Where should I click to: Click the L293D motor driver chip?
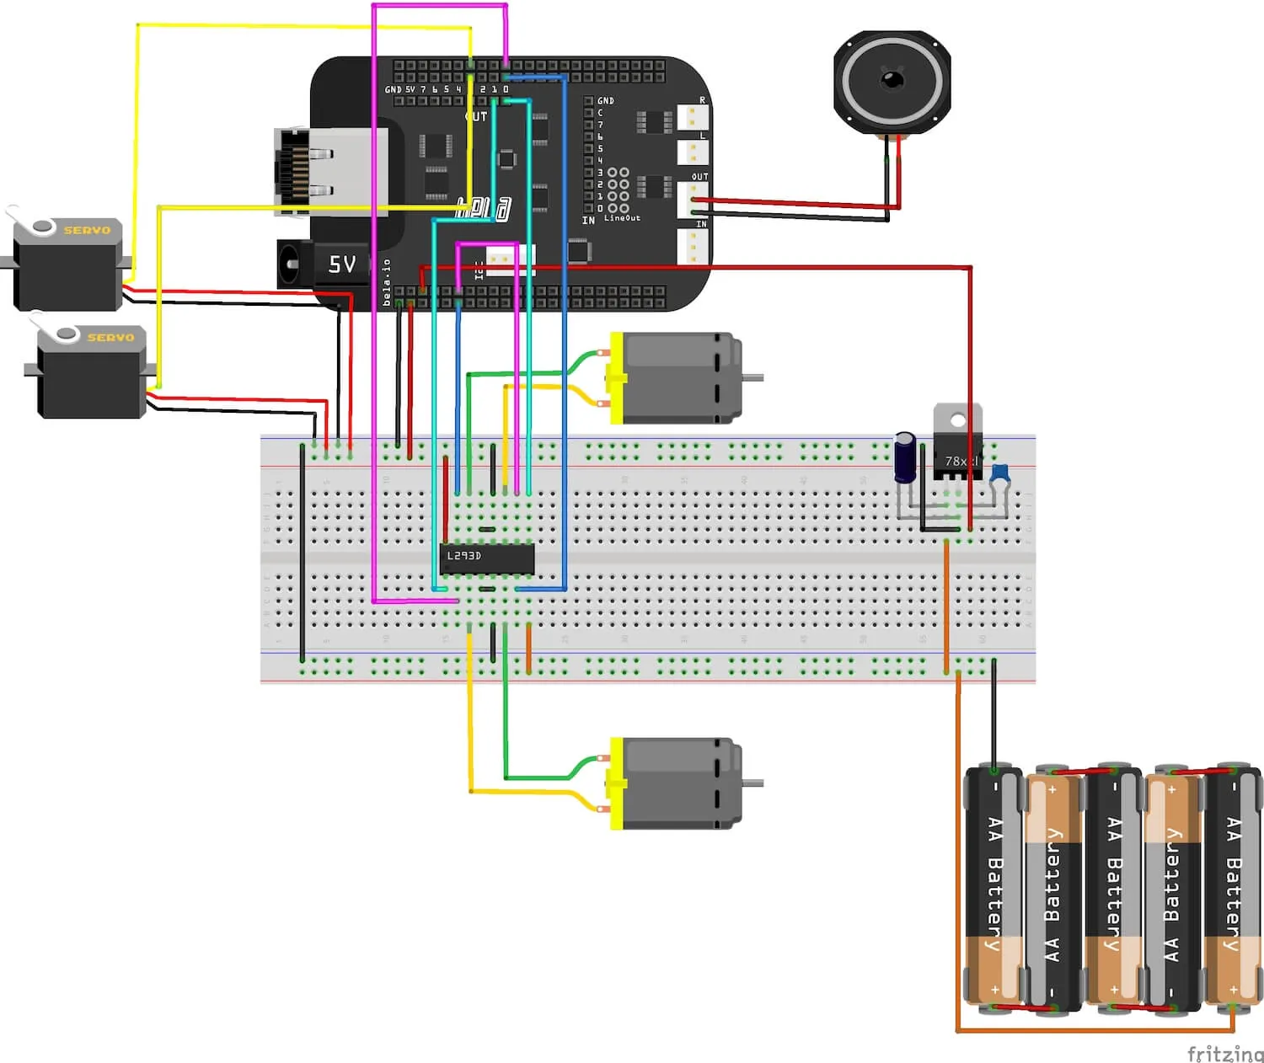(486, 558)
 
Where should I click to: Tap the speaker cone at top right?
(892, 81)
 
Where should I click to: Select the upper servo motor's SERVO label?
(87, 230)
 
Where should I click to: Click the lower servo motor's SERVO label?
(110, 337)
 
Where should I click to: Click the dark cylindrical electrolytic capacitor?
(905, 457)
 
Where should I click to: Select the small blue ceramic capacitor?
(1000, 473)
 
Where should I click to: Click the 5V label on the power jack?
(341, 264)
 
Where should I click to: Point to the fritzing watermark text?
(1224, 1053)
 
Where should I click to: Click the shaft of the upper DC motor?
(753, 377)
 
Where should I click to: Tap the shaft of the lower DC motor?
(753, 783)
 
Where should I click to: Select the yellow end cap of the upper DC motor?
(617, 377)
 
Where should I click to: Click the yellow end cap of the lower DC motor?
(617, 783)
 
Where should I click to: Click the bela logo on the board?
(483, 207)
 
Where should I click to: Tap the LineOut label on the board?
(622, 218)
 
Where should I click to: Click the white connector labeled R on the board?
(693, 117)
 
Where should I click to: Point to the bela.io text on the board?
(387, 281)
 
